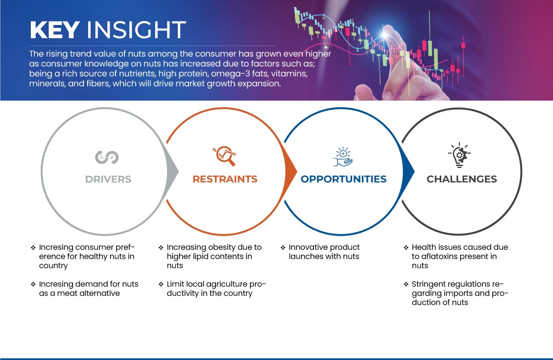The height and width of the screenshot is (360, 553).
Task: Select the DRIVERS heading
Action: click(108, 179)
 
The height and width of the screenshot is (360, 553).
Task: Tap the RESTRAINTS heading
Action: click(225, 179)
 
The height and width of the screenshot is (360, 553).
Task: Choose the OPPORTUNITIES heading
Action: click(343, 179)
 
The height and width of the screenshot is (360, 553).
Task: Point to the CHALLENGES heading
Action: click(462, 179)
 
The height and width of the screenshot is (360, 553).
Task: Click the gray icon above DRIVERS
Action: click(107, 157)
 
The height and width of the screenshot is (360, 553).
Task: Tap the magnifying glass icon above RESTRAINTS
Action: click(224, 156)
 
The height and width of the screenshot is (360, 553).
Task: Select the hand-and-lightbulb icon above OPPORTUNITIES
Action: click(343, 157)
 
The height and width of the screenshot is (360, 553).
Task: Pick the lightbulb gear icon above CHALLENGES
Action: click(459, 155)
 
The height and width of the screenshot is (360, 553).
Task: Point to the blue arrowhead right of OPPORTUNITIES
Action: click(409, 172)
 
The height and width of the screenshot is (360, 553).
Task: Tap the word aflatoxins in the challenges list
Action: click(441, 256)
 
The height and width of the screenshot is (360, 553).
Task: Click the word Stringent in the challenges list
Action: click(428, 284)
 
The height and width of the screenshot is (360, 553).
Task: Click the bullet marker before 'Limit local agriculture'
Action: click(161, 284)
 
